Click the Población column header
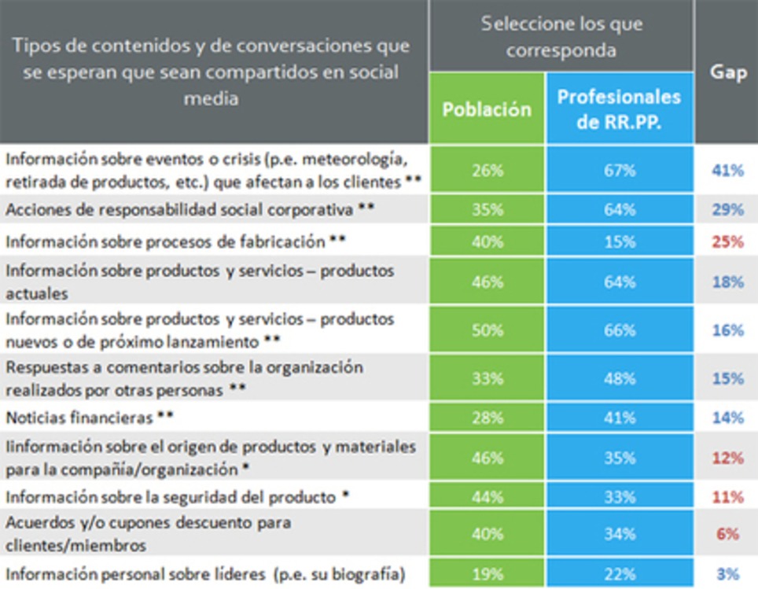(x=487, y=109)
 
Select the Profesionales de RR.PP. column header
(x=619, y=109)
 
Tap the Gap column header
(x=727, y=72)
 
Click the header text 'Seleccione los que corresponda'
(x=561, y=36)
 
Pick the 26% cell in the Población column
(x=487, y=170)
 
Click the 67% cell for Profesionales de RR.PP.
(x=619, y=170)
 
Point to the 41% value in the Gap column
(x=727, y=170)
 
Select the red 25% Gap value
(x=727, y=242)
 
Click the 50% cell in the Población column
(x=487, y=330)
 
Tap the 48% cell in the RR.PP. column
(x=619, y=378)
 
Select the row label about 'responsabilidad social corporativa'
(x=181, y=209)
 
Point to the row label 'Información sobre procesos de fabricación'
(x=165, y=241)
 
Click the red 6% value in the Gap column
(x=727, y=534)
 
